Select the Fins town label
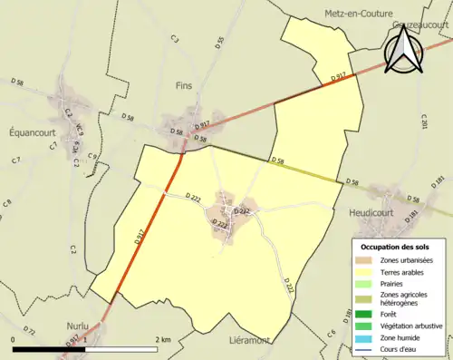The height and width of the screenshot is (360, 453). pyautogui.click(x=184, y=85)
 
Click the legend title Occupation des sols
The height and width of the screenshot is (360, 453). pyautogui.click(x=397, y=246)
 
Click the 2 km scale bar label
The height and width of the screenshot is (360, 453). pyautogui.click(x=164, y=338)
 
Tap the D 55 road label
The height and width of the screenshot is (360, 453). pyautogui.click(x=219, y=43)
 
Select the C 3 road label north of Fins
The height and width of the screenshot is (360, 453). pyautogui.click(x=174, y=38)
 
